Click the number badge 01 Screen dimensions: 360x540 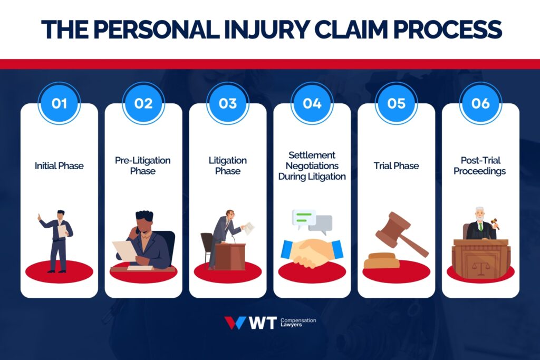click(x=59, y=103)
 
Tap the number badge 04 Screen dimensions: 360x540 click(x=312, y=103)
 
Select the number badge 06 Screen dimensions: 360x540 click(x=480, y=103)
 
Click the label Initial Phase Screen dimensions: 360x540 click(x=59, y=166)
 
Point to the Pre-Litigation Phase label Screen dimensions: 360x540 click(x=143, y=166)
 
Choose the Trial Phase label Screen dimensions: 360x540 click(x=396, y=166)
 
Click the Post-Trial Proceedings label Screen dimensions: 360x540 click(x=480, y=166)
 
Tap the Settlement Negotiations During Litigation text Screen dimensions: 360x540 click(x=312, y=166)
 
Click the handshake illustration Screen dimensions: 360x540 click(x=312, y=252)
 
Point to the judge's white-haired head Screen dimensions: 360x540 click(x=479, y=213)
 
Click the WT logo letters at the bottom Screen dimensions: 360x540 click(x=262, y=323)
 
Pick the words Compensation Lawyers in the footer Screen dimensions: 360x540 click(x=298, y=323)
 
